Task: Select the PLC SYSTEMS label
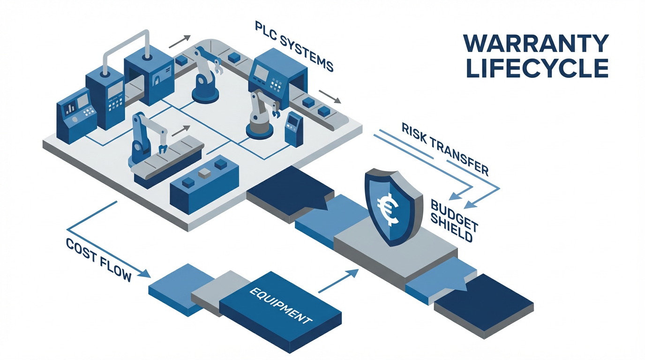[x=294, y=45]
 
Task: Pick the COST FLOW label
[x=98, y=259]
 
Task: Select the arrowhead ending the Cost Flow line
[x=147, y=274]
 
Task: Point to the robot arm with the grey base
[x=259, y=112]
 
